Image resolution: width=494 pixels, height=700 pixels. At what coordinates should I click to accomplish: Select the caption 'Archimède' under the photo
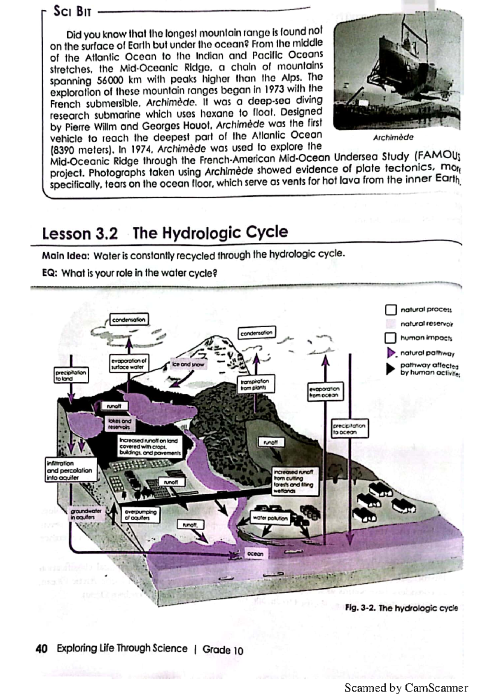pyautogui.click(x=393, y=137)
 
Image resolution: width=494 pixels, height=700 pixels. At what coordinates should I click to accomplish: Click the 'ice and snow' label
pyautogui.click(x=188, y=364)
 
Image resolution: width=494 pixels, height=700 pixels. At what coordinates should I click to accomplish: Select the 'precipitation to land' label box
pyautogui.click(x=71, y=375)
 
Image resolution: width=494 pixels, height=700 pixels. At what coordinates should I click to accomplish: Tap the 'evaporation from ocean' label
pyautogui.click(x=324, y=392)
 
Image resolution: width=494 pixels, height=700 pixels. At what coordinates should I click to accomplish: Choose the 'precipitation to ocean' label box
pyautogui.click(x=350, y=429)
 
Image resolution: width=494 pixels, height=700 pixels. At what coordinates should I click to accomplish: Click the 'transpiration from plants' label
pyautogui.click(x=255, y=384)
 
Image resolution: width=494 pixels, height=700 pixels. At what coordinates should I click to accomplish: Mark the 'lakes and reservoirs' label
pyautogui.click(x=119, y=424)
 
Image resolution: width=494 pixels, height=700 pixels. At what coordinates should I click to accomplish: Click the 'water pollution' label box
pyautogui.click(x=270, y=518)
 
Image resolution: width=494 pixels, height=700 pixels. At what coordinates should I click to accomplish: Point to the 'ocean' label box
pyautogui.click(x=255, y=554)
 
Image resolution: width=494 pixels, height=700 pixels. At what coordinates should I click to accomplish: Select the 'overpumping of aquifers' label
pyautogui.click(x=141, y=514)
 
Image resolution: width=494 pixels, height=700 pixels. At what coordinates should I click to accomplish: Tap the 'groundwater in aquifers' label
pyautogui.click(x=86, y=514)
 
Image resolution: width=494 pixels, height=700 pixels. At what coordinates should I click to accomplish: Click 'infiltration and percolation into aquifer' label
pyautogui.click(x=70, y=470)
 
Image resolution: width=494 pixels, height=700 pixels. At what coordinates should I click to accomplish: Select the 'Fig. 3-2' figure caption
pyautogui.click(x=401, y=608)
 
